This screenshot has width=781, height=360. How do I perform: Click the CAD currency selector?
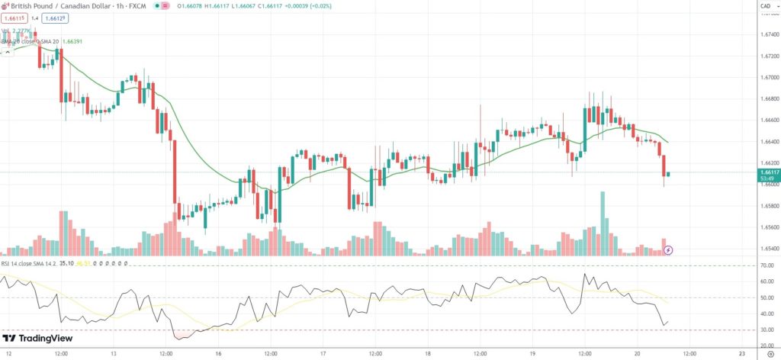(x=765, y=8)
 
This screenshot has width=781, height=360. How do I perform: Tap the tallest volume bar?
(x=603, y=223)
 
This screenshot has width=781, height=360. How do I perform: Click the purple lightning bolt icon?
(x=669, y=249)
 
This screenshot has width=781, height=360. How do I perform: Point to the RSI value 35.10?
(x=66, y=264)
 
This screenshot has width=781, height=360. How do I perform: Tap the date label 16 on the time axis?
(x=218, y=354)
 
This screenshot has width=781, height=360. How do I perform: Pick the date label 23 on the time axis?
(x=741, y=354)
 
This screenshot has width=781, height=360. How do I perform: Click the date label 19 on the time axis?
(x=532, y=354)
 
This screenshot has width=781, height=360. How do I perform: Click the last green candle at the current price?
(x=669, y=174)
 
